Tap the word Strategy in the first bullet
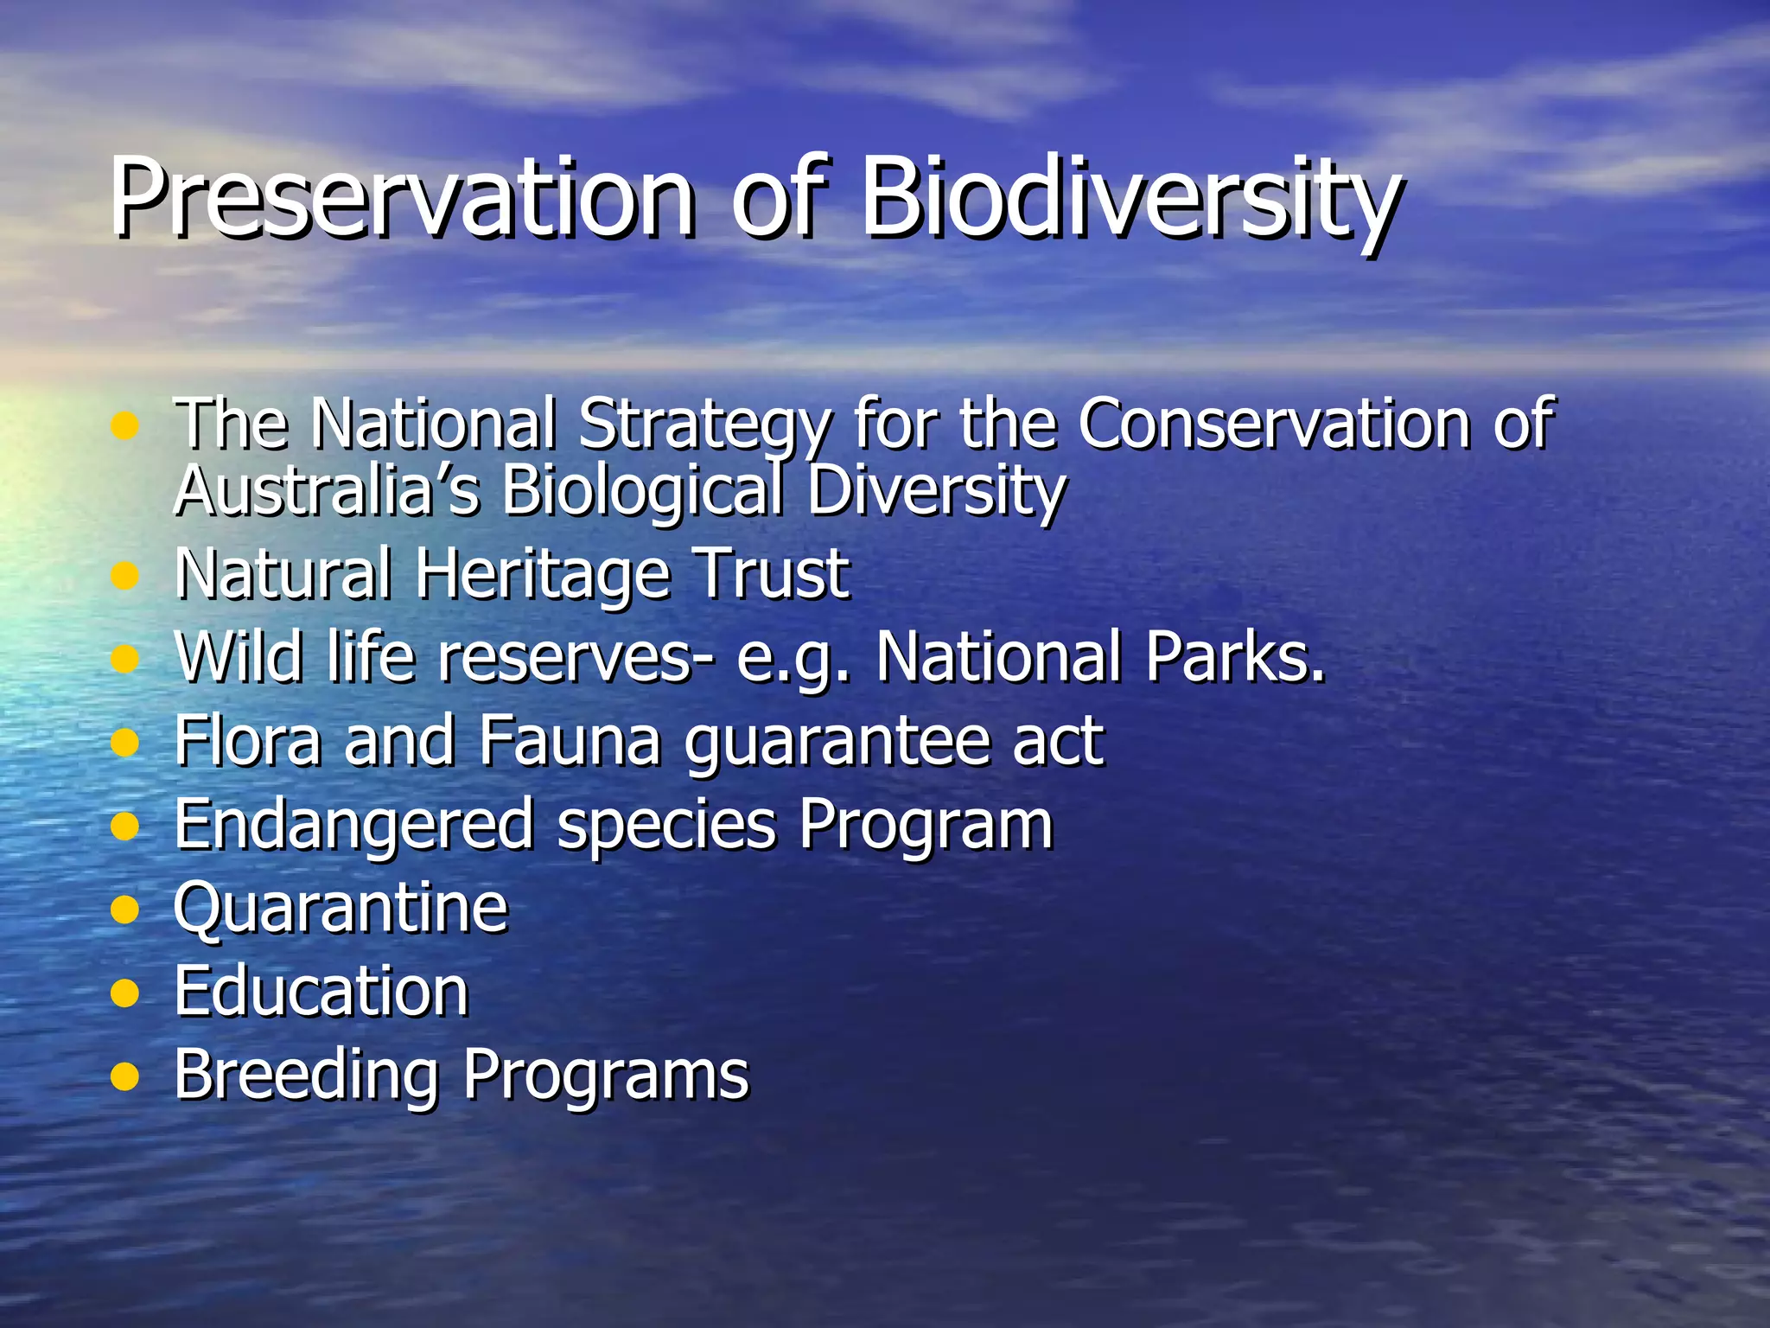pos(704,425)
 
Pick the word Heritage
pos(544,574)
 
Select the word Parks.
pos(1235,657)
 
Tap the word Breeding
pos(307,1075)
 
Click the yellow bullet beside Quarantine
pos(125,910)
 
